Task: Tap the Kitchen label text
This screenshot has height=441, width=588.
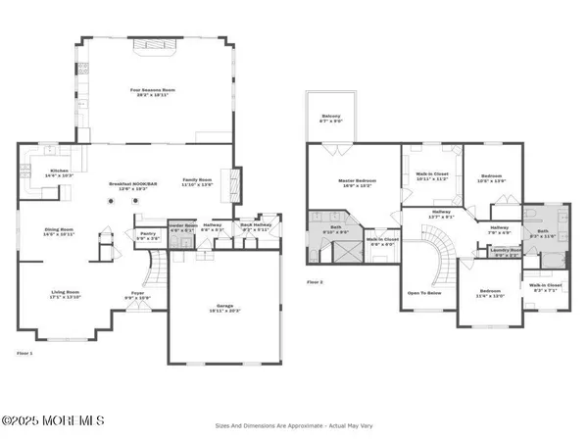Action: [x=60, y=171]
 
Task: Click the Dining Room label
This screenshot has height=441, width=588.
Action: [x=60, y=230]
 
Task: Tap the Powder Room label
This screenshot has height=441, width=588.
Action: [x=183, y=224]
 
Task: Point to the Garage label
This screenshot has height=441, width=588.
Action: [x=224, y=305]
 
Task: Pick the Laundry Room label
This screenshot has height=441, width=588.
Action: [x=507, y=252]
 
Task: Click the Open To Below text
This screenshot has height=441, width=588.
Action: [x=423, y=293]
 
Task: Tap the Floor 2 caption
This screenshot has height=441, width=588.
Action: [x=315, y=282]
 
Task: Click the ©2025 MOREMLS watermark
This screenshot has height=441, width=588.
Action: [x=53, y=421]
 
